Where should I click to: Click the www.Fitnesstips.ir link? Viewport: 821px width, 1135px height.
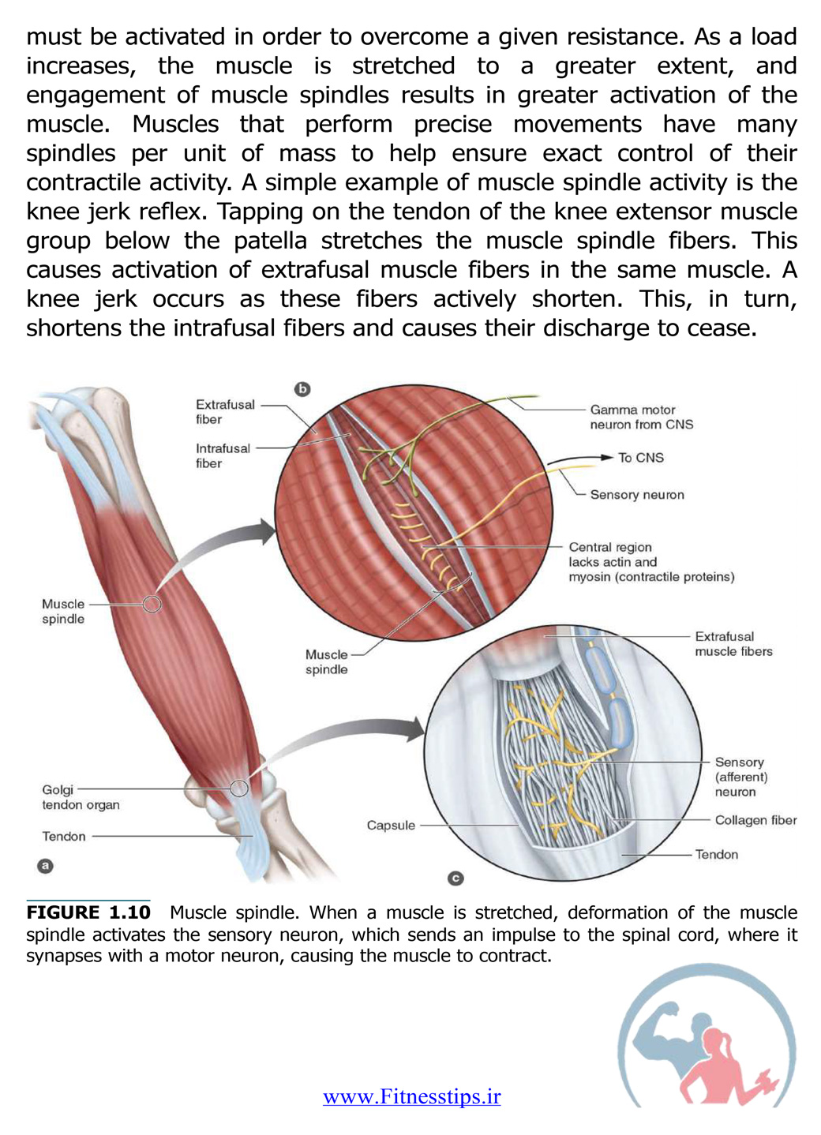pos(411,1096)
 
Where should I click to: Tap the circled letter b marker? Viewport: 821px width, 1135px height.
pos(302,389)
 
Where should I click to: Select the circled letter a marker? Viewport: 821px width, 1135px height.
pos(45,865)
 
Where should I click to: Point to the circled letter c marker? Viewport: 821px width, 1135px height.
pos(455,878)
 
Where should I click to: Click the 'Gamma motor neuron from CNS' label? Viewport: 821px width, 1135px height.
pos(641,417)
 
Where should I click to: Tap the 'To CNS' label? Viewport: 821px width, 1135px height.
pos(640,458)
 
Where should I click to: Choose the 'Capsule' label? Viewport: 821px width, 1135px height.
pos(391,826)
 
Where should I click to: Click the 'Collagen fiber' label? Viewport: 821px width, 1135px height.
pos(755,820)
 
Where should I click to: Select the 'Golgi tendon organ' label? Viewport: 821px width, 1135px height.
pos(81,797)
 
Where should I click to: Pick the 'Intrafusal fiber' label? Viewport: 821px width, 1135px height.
pos(223,455)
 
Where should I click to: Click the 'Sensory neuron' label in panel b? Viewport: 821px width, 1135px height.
pos(637,495)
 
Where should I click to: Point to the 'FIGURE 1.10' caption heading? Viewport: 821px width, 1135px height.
pos(88,912)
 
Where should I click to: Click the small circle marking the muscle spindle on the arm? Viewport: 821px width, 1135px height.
pos(152,604)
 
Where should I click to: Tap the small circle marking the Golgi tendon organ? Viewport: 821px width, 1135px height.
pos(239,789)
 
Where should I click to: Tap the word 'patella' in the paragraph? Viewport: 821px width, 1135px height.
pos(271,240)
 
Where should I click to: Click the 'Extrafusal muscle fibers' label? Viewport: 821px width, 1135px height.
pos(733,643)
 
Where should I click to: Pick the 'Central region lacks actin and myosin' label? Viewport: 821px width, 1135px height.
pos(651,562)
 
